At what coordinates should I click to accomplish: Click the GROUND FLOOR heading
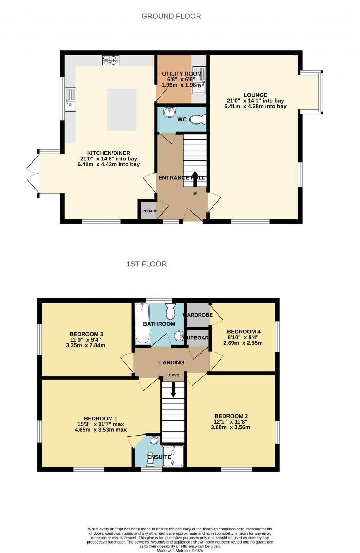coord(171,16)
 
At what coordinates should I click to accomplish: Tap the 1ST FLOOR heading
coord(146,264)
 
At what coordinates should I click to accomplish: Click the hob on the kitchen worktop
coord(110,60)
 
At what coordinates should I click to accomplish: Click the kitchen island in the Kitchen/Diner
coord(122,109)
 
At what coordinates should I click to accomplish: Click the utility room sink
coord(199,81)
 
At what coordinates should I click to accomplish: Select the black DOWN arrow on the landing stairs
coord(173,390)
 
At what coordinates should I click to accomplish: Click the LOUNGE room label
coord(255,95)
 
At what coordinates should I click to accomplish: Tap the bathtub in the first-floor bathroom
coord(142,323)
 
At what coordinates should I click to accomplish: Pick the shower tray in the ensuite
coord(173,456)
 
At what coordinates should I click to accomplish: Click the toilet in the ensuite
coord(150,459)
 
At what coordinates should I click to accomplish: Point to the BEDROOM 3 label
coord(86,334)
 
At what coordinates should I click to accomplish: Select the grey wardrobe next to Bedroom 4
coord(198,315)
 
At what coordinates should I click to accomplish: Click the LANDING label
coord(172,363)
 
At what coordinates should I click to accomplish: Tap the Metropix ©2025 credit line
coord(180,551)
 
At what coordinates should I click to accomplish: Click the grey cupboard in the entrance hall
coord(148,211)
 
